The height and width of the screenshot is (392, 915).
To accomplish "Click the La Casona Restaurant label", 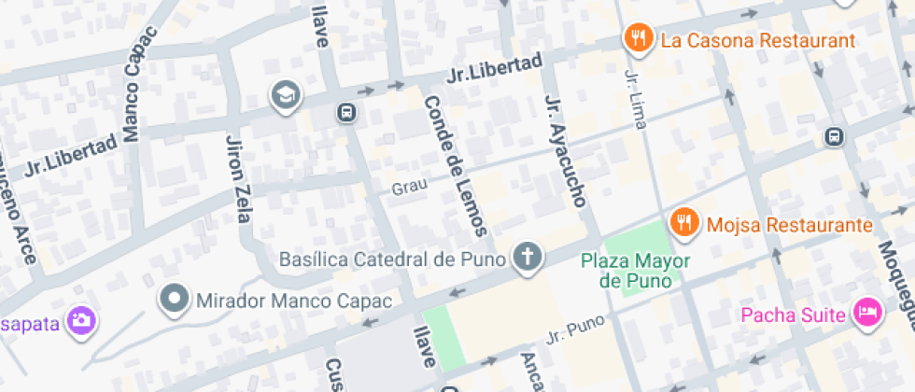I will pyautogui.click(x=757, y=41).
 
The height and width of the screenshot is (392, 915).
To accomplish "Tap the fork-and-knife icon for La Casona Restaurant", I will pyautogui.click(x=638, y=38).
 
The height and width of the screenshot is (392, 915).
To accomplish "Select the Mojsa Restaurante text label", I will pyautogui.click(x=789, y=225).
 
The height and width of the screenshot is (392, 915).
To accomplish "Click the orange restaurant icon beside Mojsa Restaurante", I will pyautogui.click(x=684, y=222).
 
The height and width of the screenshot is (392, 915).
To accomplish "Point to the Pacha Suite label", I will pyautogui.click(x=793, y=314).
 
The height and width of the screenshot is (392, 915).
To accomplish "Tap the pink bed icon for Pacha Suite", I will pyautogui.click(x=868, y=313).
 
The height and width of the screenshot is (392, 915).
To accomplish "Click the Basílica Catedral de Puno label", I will pyautogui.click(x=392, y=258).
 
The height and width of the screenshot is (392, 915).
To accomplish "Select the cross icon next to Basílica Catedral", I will pyautogui.click(x=528, y=257).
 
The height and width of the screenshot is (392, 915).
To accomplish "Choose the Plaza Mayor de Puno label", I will pyautogui.click(x=631, y=270).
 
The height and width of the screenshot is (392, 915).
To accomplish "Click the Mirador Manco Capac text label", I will pyautogui.click(x=294, y=301).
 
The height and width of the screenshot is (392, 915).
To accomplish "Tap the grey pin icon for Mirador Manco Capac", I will pyautogui.click(x=174, y=300).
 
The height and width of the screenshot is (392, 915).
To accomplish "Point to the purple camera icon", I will pyautogui.click(x=82, y=321).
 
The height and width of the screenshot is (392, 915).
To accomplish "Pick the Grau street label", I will pyautogui.click(x=409, y=187).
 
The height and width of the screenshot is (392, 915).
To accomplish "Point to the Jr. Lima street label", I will pyautogui.click(x=634, y=103).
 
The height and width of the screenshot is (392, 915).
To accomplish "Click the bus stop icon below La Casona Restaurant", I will pyautogui.click(x=833, y=137).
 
